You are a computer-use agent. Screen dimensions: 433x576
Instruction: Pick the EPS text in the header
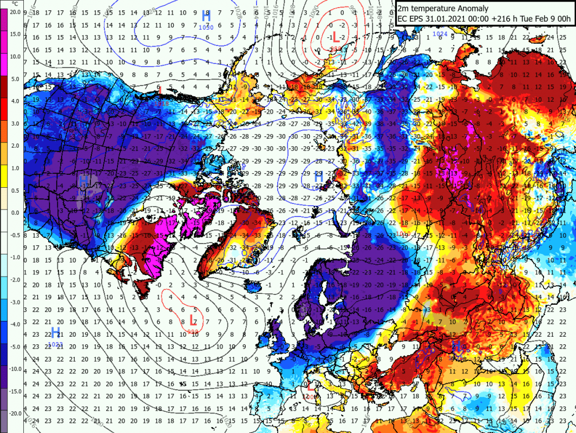click(417, 19)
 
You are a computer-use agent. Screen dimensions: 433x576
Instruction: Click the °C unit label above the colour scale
click(12, 4)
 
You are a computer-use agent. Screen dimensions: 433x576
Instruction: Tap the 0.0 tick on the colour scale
click(15, 213)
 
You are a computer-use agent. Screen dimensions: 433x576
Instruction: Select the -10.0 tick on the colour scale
click(15, 369)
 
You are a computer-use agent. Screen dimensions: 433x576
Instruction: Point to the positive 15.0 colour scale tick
click(15, 34)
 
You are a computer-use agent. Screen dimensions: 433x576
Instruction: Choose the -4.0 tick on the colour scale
click(15, 324)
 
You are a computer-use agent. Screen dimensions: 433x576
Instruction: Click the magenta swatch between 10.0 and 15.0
click(4, 45)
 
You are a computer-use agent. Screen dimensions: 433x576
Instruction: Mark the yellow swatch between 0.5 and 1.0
click(4, 179)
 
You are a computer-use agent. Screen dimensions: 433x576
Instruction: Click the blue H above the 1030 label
click(206, 16)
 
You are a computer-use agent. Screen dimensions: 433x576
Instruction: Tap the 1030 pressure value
click(206, 27)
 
